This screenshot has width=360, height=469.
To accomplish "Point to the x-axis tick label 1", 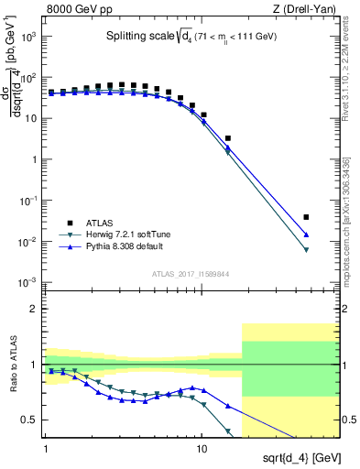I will [45, 449].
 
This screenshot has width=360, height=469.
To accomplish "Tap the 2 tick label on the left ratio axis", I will [34, 309].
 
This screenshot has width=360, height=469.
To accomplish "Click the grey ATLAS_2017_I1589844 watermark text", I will [190, 272].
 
